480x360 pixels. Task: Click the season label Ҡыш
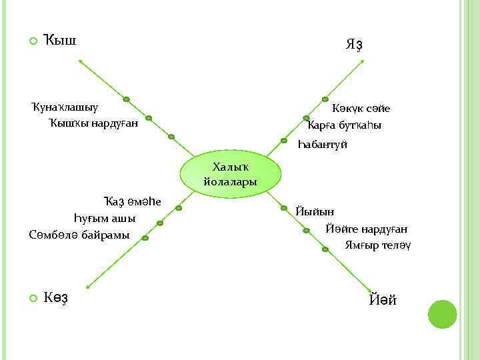coord(60,40)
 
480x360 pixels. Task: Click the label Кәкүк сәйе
coord(361,108)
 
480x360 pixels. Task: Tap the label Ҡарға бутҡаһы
coord(345,125)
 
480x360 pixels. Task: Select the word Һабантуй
coord(323,144)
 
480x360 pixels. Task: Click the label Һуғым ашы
coord(104,218)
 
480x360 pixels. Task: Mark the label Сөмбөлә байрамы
coord(79,235)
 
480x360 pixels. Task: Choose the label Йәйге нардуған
coord(367,228)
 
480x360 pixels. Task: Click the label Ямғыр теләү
coord(377,245)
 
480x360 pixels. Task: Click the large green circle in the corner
coord(442,314)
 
